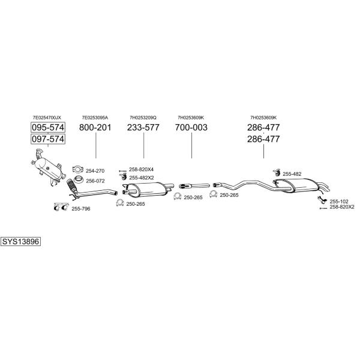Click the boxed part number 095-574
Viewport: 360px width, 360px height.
[48, 127]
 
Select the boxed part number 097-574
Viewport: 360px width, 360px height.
[48, 139]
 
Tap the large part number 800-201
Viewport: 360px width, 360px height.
[95, 127]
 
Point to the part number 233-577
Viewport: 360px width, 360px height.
[143, 127]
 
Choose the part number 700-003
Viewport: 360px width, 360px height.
[191, 127]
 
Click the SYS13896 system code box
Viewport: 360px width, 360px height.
[20, 242]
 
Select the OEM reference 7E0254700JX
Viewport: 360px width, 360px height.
[47, 118]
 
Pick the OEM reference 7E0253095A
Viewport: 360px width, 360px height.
[95, 118]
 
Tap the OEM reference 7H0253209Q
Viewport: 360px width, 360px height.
[143, 118]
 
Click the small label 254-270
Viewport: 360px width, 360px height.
[95, 171]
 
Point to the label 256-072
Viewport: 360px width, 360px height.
[95, 181]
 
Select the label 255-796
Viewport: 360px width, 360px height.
[81, 209]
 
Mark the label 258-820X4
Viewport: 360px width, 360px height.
[141, 169]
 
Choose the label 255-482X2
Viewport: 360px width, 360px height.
[142, 178]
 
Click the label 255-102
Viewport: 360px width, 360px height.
[339, 202]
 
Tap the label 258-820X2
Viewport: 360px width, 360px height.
[342, 207]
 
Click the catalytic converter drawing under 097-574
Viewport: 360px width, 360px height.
[48, 167]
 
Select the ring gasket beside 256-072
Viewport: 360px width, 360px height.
[79, 179]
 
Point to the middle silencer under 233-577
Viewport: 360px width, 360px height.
[148, 190]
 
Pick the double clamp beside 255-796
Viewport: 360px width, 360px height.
[61, 207]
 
